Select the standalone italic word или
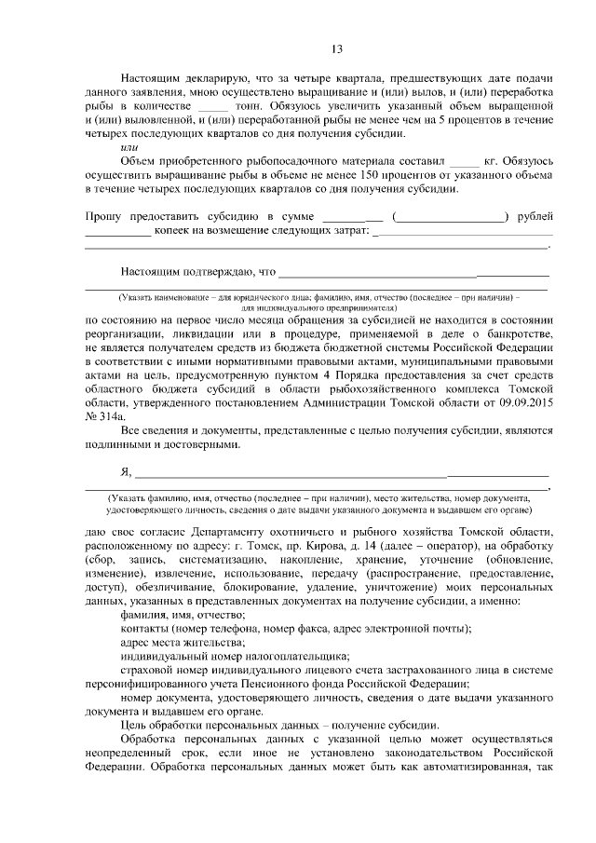(x=130, y=146)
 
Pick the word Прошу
(x=103, y=217)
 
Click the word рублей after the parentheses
(x=533, y=217)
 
